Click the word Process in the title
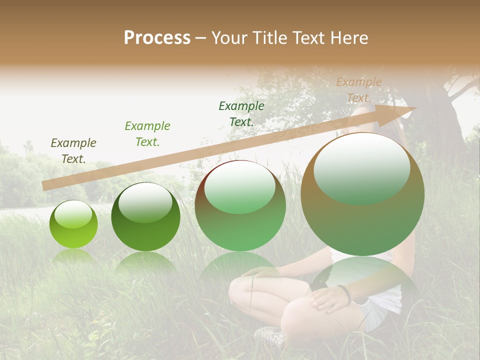[x=157, y=38]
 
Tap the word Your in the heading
[x=230, y=38]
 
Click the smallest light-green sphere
[x=73, y=224]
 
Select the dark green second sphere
[x=145, y=217]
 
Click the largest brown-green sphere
[x=362, y=194]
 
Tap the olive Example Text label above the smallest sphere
[x=73, y=150]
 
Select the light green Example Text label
[x=147, y=133]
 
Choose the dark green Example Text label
[x=241, y=113]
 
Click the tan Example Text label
[x=359, y=89]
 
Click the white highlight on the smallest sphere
[x=73, y=213]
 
